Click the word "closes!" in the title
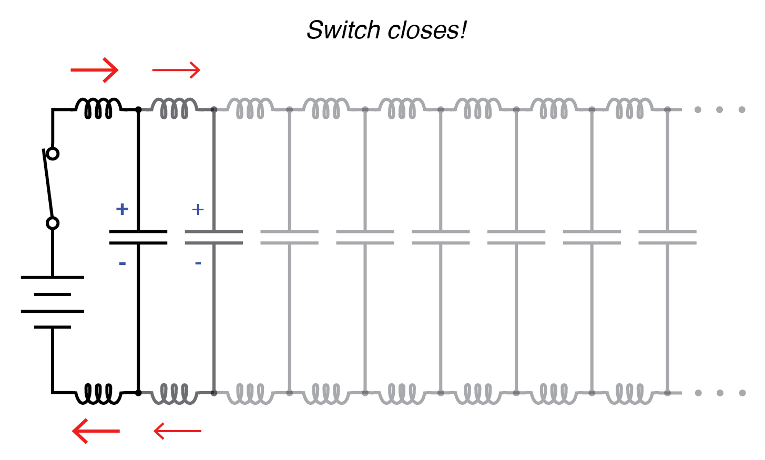(427, 30)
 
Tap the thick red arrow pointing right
(95, 70)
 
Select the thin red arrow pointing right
(176, 70)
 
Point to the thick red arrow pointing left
(96, 431)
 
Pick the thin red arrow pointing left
(177, 431)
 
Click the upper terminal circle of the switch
(53, 154)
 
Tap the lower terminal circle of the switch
(53, 223)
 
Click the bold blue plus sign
(122, 209)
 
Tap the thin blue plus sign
(198, 209)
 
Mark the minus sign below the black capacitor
(122, 263)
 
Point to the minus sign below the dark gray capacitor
(198, 263)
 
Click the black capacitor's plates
(138, 237)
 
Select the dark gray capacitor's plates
(214, 237)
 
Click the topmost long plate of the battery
(53, 277)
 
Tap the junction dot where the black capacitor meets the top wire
(138, 109)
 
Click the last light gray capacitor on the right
(667, 237)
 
